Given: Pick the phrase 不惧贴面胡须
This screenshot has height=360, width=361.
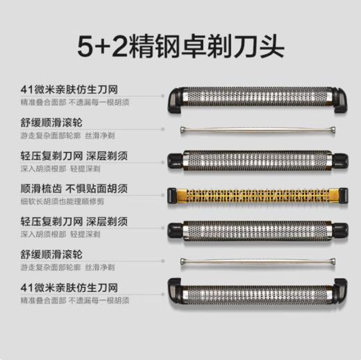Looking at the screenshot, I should [x=101, y=188].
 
